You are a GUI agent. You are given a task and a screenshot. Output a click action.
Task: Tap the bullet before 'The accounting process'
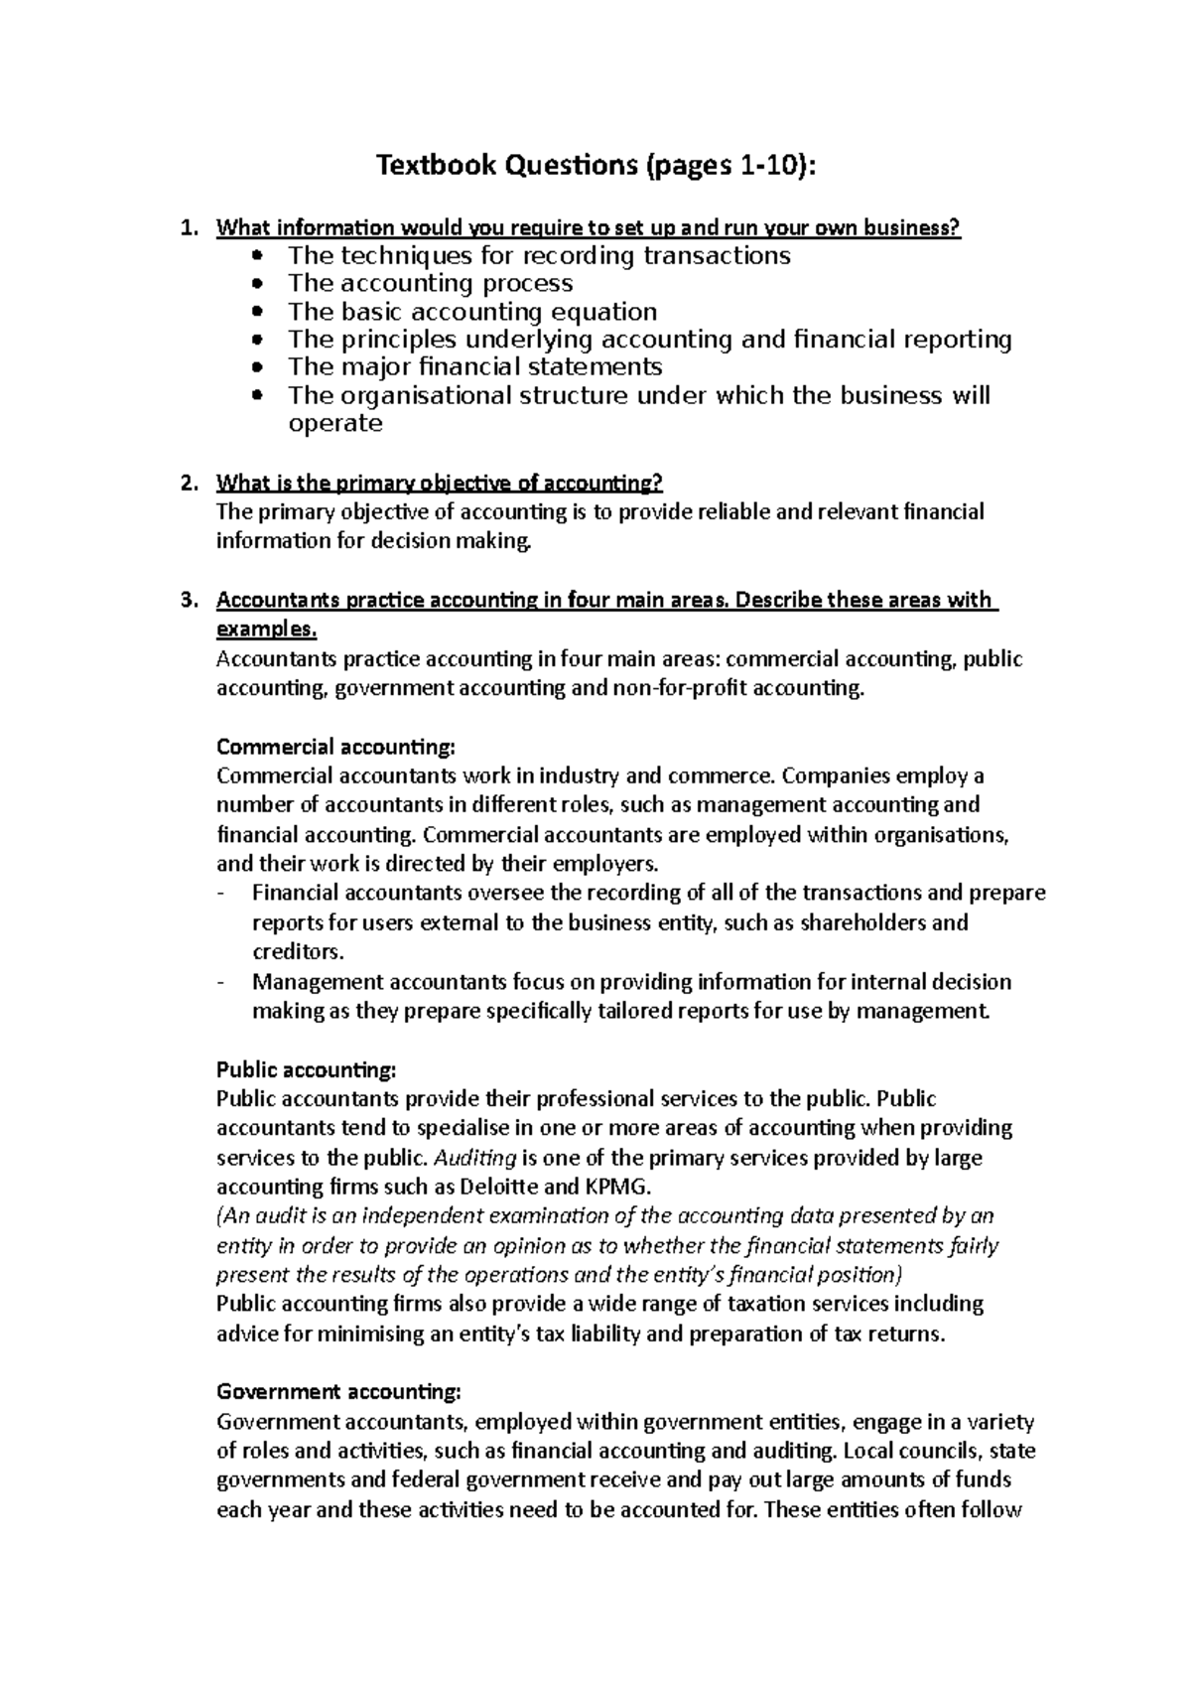259,284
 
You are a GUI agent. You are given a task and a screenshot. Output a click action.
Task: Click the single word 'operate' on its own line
334,424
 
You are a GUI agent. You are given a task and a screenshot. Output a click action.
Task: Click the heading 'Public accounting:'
306,1070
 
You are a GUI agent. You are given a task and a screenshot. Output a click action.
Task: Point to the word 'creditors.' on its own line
298,952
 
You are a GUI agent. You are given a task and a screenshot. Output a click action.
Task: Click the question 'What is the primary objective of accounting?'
439,484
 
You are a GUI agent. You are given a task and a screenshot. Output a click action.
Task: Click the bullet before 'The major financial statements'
259,367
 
